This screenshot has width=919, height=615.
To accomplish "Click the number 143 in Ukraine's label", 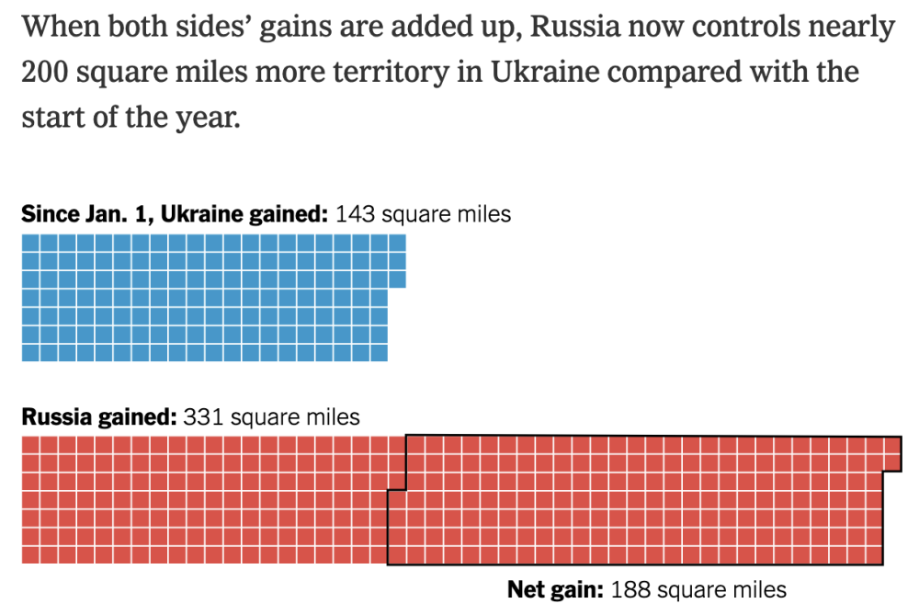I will [x=355, y=215].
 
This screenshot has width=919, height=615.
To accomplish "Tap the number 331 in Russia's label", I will [x=203, y=417].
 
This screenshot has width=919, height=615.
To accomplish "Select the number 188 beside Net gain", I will [x=630, y=589].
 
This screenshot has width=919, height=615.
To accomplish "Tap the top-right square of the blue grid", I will [x=397, y=243].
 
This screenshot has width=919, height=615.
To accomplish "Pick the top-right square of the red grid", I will [x=892, y=445].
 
